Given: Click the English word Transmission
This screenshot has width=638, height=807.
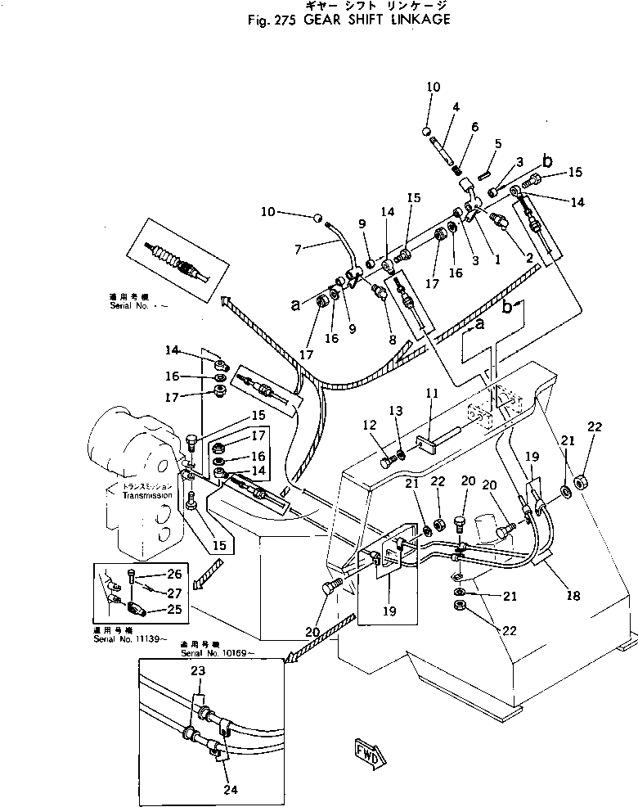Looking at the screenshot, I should (147, 496).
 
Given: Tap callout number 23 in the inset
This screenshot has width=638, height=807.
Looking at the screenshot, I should (198, 670).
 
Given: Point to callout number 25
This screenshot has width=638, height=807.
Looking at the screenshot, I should (174, 609).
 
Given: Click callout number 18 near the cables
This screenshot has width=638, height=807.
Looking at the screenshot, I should (573, 597).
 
